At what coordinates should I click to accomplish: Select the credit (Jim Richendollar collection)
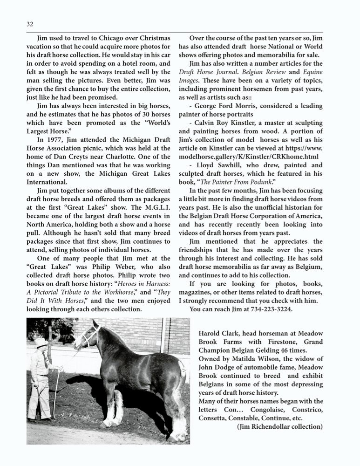(x=279, y=426)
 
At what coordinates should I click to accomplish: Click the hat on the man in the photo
(x=41, y=343)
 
